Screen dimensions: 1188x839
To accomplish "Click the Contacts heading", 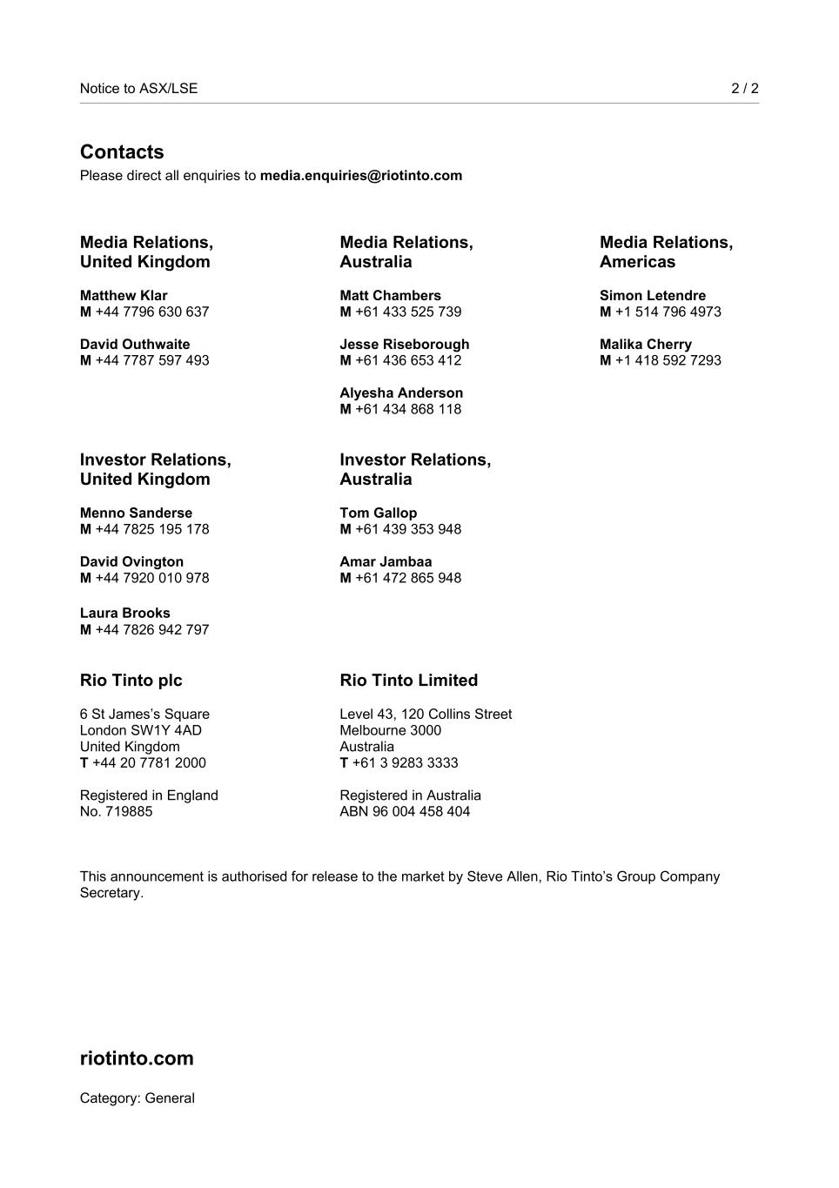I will coord(122,152).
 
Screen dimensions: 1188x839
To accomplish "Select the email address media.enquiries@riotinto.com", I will coord(360,176).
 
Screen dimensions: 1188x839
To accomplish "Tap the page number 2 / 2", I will coord(744,88).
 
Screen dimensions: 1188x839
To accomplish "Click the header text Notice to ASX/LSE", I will coord(138,88).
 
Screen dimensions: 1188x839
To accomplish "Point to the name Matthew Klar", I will coord(124,296).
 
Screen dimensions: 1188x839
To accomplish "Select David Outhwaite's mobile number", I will coord(151,360).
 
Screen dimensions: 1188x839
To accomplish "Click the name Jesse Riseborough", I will coord(404,345).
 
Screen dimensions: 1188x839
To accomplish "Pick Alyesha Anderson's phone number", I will coord(407,409).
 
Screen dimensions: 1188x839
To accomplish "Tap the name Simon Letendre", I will coord(653,296).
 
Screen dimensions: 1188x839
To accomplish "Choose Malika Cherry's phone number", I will coord(668,360).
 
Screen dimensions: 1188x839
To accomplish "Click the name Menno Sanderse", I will coord(136,513).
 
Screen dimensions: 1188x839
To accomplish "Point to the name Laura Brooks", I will coord(124,614).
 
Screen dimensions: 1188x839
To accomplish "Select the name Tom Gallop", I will coord(378,513).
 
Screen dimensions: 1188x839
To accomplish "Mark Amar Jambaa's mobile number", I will coord(407,578).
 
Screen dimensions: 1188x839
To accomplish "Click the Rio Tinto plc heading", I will coord(131,681).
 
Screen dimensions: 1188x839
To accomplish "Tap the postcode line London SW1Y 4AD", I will coord(140,730).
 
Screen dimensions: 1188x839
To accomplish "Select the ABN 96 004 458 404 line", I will coord(405,812).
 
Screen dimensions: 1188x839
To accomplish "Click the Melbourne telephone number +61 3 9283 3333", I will coord(405,763).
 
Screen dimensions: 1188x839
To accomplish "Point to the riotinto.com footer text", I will coord(137,1058).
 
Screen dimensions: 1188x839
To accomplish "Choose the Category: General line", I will coord(137,1098).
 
